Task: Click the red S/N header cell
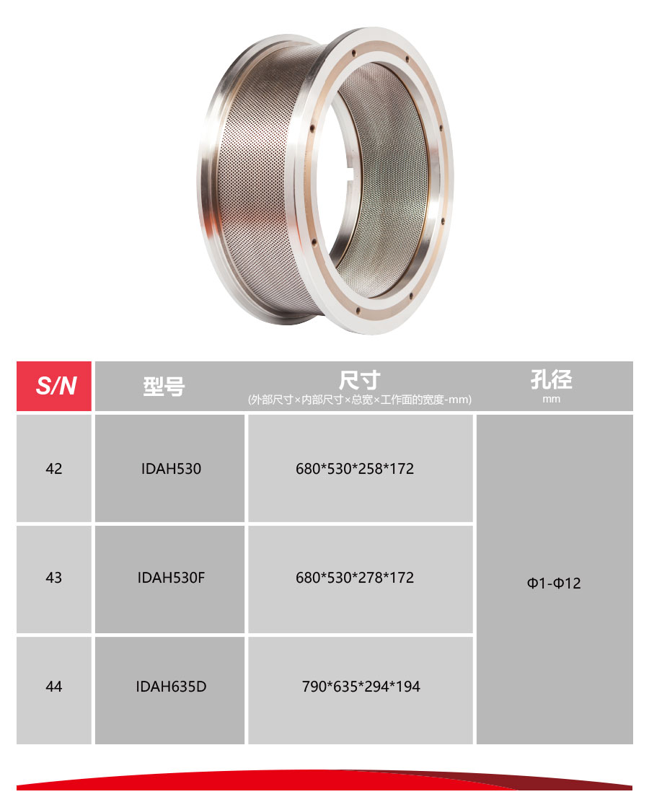53,386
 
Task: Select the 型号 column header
164,386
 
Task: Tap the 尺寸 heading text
360,380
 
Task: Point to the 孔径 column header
552,379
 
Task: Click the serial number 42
53,469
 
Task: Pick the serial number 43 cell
53,578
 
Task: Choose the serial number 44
53,687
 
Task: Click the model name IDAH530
172,469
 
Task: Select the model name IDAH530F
172,578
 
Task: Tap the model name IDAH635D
172,687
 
